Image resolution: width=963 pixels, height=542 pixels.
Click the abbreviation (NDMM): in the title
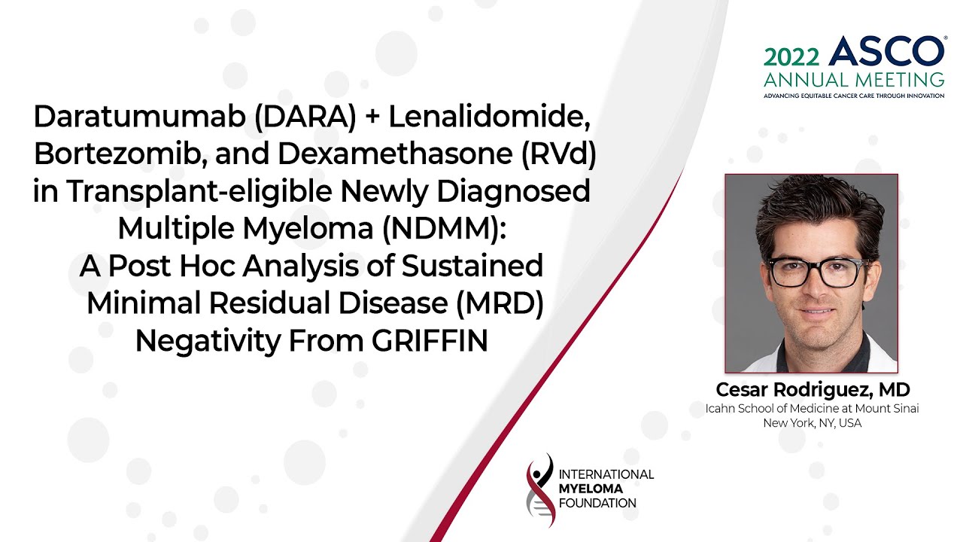coord(445,229)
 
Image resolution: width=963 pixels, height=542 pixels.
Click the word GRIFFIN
coord(430,340)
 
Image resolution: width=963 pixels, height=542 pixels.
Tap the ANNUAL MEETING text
coord(854,79)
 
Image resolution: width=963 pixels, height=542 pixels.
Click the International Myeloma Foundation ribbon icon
coord(540,490)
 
